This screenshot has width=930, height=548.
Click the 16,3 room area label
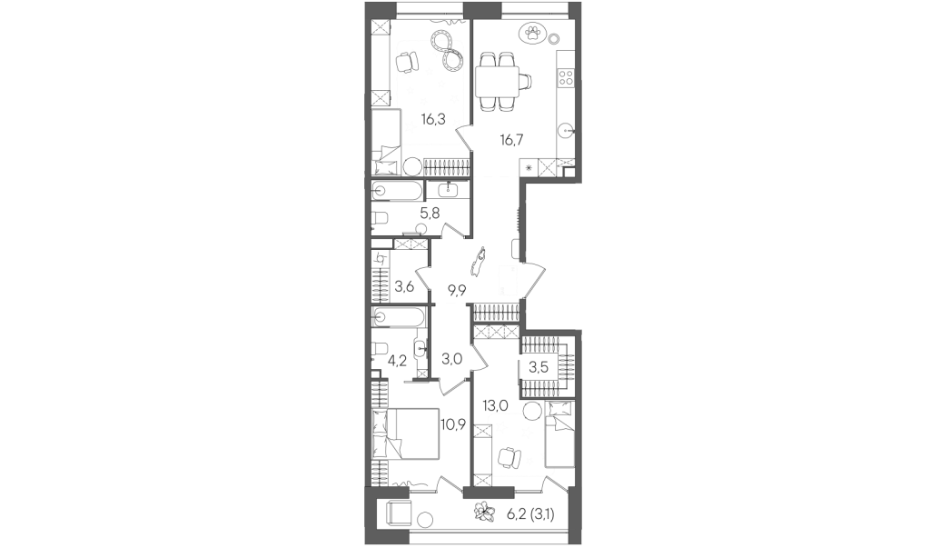(433, 120)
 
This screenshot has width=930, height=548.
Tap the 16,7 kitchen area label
(512, 141)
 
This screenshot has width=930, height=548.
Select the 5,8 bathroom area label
(430, 214)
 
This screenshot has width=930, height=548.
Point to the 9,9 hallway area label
(457, 290)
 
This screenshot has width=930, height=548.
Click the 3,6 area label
(404, 287)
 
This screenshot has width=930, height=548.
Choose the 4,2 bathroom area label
(397, 360)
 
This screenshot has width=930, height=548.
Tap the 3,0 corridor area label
(452, 359)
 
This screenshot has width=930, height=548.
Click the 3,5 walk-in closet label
(539, 367)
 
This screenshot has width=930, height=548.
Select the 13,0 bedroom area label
(495, 406)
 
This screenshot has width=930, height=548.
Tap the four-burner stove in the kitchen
(567, 76)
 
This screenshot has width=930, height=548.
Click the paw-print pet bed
(531, 34)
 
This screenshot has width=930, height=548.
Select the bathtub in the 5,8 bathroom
(397, 191)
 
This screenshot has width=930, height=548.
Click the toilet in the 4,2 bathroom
(380, 349)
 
